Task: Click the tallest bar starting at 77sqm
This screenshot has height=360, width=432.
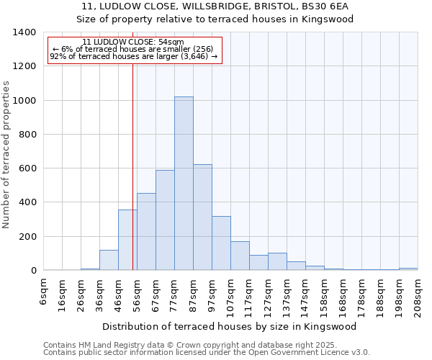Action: (x=184, y=184)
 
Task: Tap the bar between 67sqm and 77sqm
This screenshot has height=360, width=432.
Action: (x=165, y=220)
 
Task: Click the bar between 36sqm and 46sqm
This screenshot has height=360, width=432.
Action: (x=109, y=260)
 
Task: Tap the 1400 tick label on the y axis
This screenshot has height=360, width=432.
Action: (x=24, y=32)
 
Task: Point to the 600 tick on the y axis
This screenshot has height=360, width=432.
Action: (x=27, y=168)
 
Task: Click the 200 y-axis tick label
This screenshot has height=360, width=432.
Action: (x=27, y=237)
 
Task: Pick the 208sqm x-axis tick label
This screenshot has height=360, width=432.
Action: (x=418, y=294)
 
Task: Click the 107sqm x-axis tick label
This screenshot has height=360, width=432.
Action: (x=230, y=294)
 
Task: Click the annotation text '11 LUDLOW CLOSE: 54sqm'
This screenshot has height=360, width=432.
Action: (x=133, y=42)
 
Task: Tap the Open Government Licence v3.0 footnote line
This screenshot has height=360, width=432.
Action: (x=207, y=353)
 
